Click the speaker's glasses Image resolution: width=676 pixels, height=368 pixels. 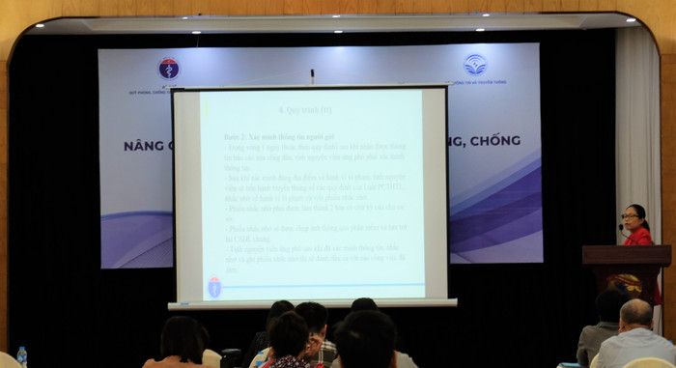(634, 217)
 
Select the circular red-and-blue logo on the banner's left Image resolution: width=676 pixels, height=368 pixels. (168, 69)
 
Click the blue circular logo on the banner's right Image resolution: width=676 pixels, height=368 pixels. (475, 65)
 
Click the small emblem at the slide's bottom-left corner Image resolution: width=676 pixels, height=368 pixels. (214, 287)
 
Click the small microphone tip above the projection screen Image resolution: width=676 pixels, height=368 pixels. (312, 71)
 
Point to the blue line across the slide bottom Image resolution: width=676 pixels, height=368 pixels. (319, 283)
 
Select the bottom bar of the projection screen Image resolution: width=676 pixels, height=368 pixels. (312, 304)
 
